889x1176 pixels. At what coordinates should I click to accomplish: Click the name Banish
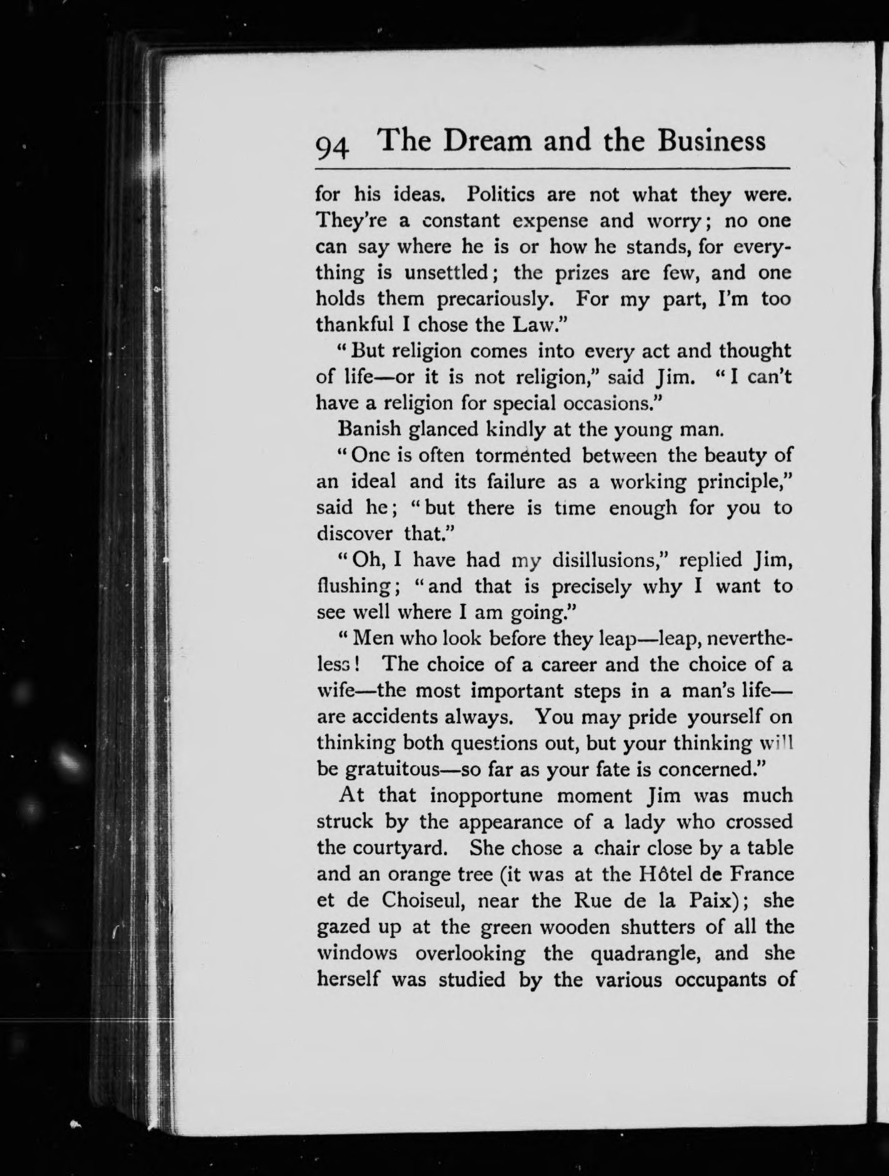point(368,430)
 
